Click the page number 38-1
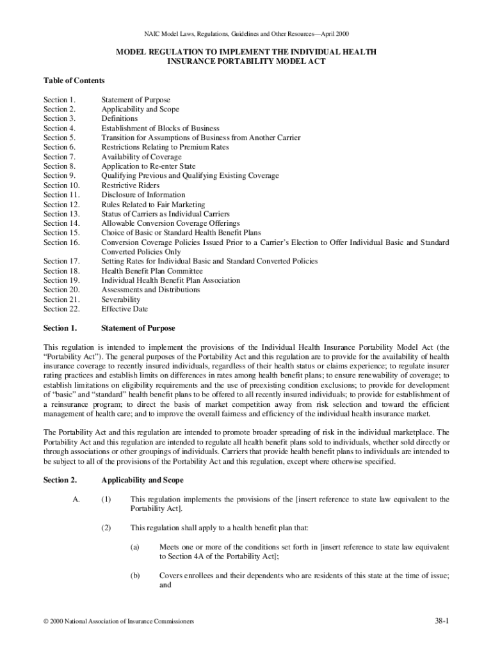click(440, 621)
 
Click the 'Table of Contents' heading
click(74, 81)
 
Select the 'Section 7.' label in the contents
click(60, 157)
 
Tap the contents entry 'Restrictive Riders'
click(131, 185)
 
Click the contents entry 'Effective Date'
click(124, 309)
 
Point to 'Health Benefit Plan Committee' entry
click(152, 271)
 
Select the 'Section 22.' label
click(61, 309)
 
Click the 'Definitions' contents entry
click(119, 119)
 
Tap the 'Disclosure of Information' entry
click(143, 195)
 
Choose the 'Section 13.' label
click(61, 214)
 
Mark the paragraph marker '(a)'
click(135, 548)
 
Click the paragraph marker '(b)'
click(135, 576)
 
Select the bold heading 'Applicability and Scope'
click(142, 480)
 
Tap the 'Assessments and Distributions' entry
click(150, 290)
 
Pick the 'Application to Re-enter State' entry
click(148, 166)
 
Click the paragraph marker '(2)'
click(106, 528)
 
